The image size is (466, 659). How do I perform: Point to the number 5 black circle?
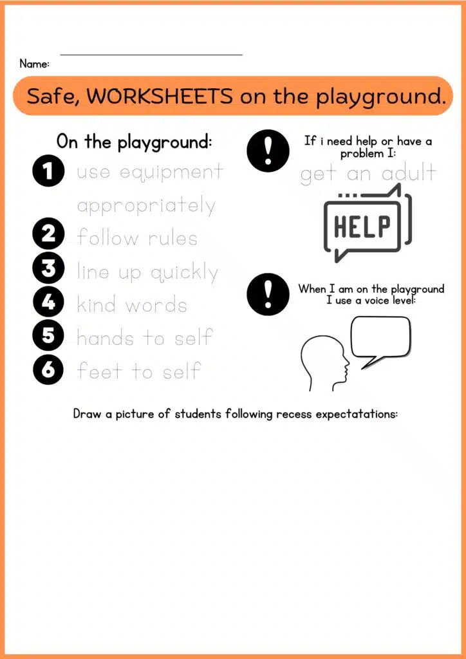(x=48, y=336)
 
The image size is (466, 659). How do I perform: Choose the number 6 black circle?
(x=48, y=370)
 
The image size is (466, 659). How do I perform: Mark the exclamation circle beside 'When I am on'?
(x=268, y=293)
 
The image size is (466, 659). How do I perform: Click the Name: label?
(x=35, y=64)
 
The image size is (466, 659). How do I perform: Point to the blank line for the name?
(x=152, y=54)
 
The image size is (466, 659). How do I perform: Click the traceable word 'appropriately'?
(x=146, y=207)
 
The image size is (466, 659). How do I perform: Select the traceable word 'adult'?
(x=408, y=172)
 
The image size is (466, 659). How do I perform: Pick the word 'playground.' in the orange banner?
(x=380, y=98)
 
